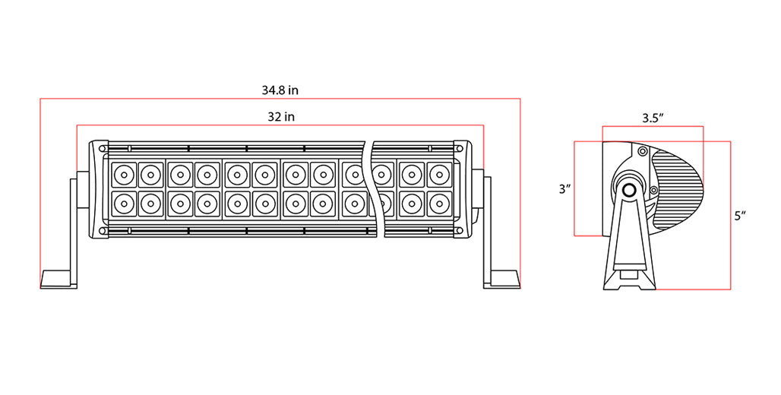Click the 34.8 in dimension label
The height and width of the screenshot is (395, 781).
click(x=280, y=90)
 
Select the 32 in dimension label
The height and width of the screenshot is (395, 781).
click(x=281, y=116)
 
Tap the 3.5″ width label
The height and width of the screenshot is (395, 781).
click(x=653, y=118)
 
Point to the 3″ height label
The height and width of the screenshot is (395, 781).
click(x=564, y=189)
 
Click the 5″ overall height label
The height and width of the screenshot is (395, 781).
click(x=740, y=216)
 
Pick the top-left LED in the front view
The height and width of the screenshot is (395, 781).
click(x=124, y=175)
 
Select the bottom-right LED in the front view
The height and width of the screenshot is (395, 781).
click(x=439, y=204)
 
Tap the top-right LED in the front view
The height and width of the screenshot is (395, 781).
click(x=439, y=175)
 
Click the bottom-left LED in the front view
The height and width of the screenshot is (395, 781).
click(x=124, y=204)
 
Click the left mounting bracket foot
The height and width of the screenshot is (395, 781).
click(x=58, y=280)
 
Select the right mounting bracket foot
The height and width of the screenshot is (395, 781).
click(x=502, y=280)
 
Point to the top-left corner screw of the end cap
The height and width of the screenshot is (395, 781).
click(x=102, y=148)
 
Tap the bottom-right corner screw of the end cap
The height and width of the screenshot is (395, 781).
click(x=458, y=231)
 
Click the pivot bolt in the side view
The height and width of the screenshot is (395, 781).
click(x=628, y=190)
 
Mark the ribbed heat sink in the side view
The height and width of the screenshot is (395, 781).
click(x=678, y=190)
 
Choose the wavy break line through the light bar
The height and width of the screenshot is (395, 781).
click(x=377, y=190)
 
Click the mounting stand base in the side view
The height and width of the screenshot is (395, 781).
click(x=630, y=279)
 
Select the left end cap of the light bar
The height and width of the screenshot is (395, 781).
click(x=99, y=189)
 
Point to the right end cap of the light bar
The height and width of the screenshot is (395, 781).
click(x=463, y=189)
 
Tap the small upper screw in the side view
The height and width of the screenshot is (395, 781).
click(x=643, y=150)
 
